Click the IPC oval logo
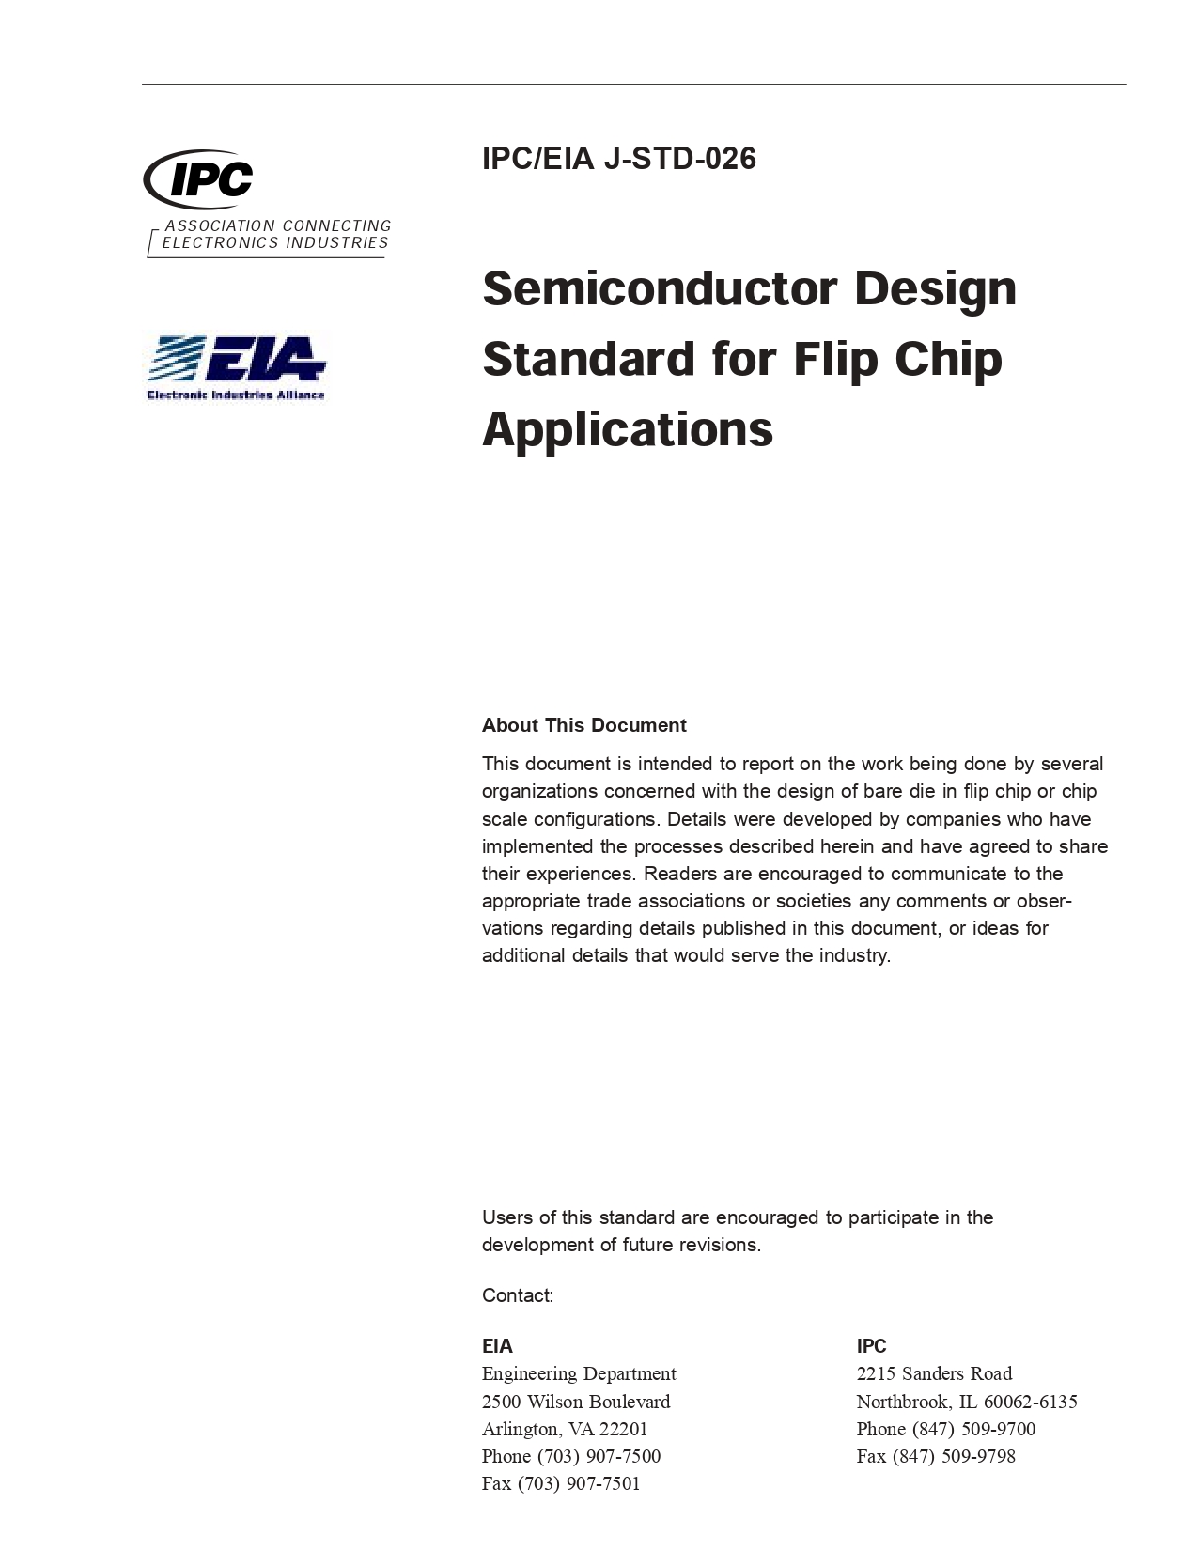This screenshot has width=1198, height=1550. (x=199, y=178)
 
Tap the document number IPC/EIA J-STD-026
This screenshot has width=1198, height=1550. (x=618, y=159)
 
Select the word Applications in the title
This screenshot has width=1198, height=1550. (x=627, y=429)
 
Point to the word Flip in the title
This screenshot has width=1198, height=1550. (x=834, y=359)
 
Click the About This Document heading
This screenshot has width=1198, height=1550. (x=583, y=725)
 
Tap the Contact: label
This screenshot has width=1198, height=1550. (x=518, y=1295)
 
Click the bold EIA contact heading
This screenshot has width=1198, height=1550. (x=497, y=1346)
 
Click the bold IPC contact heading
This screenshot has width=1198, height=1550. (x=871, y=1346)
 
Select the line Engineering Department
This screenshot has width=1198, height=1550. (x=579, y=1373)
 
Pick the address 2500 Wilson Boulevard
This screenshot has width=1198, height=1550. (x=576, y=1402)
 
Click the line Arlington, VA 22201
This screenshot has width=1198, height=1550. (x=565, y=1429)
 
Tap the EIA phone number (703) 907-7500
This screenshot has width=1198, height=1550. (x=599, y=1456)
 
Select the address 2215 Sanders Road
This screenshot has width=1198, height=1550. (x=934, y=1373)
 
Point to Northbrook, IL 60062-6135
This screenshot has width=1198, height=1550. (x=966, y=1402)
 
